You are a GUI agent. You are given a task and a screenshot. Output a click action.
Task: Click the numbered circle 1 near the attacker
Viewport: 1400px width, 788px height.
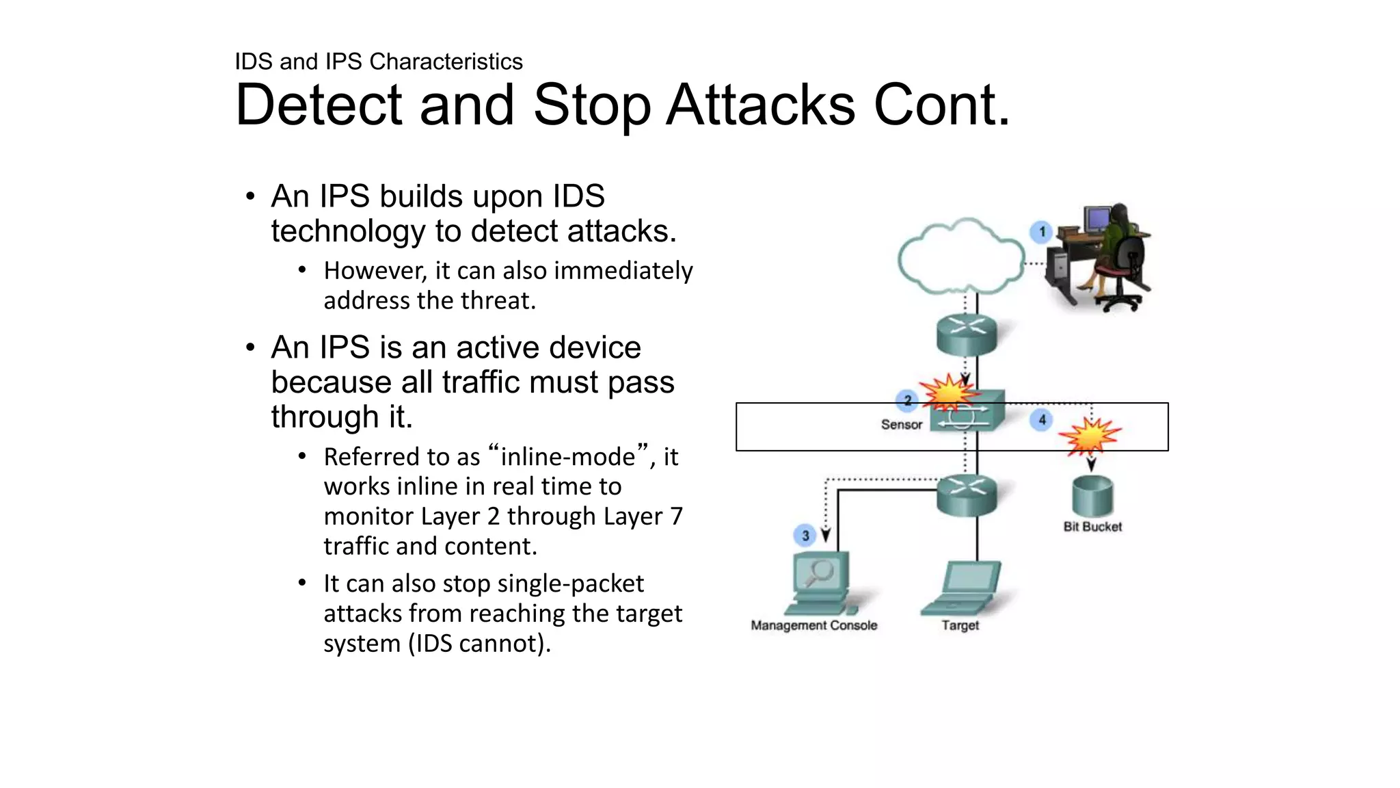1041,232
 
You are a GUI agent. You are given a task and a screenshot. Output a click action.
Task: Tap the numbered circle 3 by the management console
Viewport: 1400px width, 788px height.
805,535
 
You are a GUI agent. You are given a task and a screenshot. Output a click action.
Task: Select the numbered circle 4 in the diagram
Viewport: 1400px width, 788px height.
1042,420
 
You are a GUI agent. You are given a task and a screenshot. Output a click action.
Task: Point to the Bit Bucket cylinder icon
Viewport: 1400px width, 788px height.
1092,496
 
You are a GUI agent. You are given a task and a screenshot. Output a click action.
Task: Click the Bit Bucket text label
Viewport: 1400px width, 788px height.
1092,527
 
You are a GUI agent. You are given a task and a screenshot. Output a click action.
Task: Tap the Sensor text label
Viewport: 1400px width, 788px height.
901,425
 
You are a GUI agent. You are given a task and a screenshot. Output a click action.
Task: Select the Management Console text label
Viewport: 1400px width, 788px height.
813,625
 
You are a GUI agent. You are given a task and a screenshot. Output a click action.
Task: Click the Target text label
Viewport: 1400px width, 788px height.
960,625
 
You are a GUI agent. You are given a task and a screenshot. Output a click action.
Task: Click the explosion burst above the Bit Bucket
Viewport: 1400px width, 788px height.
1090,436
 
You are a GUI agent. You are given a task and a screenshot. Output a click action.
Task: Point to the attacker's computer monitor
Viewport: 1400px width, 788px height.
1097,220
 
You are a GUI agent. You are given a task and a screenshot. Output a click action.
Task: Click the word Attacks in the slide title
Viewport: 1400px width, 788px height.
760,105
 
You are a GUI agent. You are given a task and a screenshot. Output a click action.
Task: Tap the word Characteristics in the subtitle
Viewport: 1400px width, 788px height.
446,62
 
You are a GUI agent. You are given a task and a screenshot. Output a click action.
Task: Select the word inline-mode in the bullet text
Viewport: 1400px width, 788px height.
568,457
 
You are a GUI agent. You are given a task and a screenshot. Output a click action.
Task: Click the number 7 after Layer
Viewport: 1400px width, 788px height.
676,516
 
